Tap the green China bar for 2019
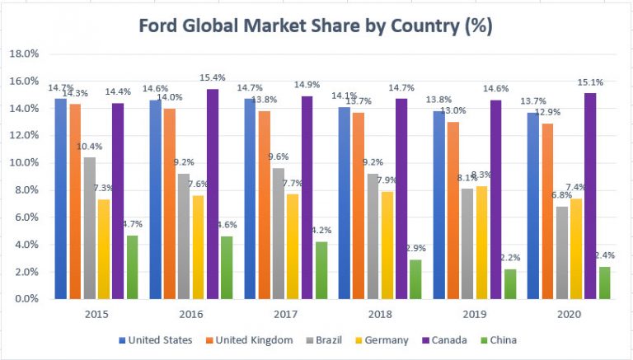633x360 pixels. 510,283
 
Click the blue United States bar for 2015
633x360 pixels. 61,199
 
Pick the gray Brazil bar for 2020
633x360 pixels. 562,252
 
